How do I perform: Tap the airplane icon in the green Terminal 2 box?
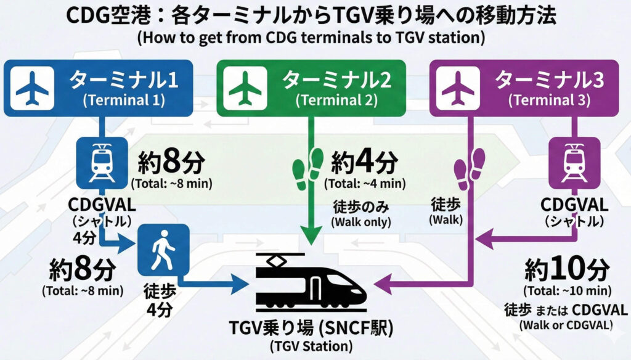tap(245, 89)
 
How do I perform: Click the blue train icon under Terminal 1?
tap(99, 162)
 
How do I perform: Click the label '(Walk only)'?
tap(361, 222)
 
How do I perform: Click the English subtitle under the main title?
tap(311, 38)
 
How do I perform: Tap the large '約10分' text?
tap(567, 269)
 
